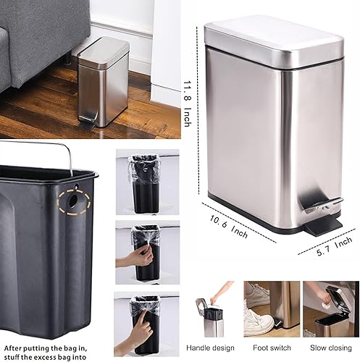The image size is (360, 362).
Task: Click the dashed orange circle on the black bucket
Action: point(75,202)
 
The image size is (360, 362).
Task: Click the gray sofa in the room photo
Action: point(36,43)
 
